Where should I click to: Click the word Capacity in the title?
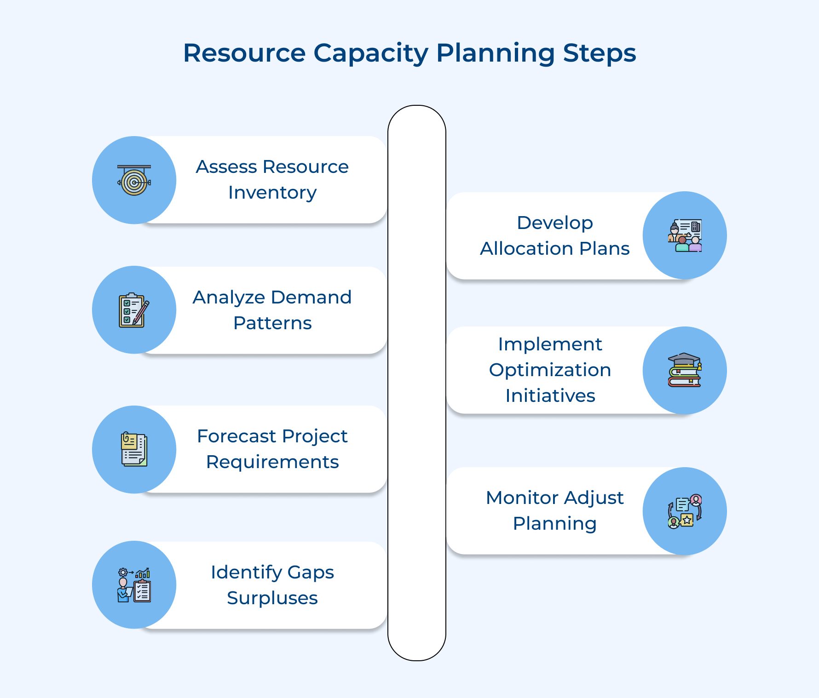tap(370, 53)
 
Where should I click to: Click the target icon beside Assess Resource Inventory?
tap(134, 180)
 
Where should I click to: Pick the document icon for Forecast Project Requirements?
tap(134, 449)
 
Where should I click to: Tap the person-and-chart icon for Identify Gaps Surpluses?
tap(134, 584)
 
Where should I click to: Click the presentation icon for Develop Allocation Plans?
tap(685, 235)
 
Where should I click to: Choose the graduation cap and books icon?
tap(685, 370)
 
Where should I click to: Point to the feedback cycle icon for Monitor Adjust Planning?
tap(685, 511)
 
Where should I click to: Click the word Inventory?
tap(272, 193)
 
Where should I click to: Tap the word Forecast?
tap(236, 436)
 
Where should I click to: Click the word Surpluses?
tap(272, 598)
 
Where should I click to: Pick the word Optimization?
tap(550, 370)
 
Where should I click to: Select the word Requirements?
tap(272, 462)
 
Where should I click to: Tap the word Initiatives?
tap(550, 396)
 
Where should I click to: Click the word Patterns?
tap(272, 323)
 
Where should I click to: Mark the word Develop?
tap(555, 223)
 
